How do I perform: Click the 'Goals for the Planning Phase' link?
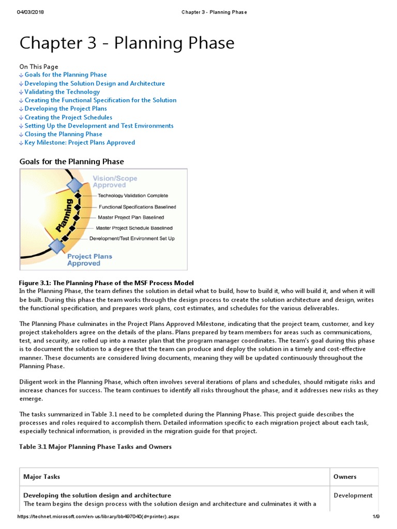pos(66,75)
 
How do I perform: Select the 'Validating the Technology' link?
pos(62,92)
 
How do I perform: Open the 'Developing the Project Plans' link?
pos(66,108)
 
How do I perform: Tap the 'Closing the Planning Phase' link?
pos(63,134)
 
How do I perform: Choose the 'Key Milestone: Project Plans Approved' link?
pos(80,143)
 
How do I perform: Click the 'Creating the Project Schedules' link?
pos(68,117)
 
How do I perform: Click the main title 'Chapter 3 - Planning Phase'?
pos(127,43)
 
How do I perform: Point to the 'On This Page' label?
pos(39,67)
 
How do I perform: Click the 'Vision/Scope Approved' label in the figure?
pos(115,182)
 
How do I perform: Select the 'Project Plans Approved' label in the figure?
pos(89,260)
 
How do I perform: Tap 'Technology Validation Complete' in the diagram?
pos(133,196)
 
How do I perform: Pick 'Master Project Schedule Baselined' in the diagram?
pos(134,228)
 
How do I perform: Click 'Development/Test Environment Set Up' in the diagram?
pos(132,239)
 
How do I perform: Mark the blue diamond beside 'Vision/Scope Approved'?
pos(75,185)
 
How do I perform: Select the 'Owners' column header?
pos(345,477)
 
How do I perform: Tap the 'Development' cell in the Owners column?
pos(353,495)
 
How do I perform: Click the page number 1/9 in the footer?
pos(376,517)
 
